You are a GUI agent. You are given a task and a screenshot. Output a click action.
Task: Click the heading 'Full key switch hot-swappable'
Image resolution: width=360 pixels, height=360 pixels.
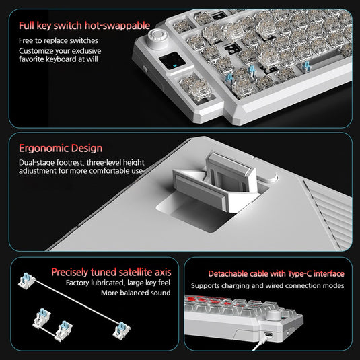click(84, 26)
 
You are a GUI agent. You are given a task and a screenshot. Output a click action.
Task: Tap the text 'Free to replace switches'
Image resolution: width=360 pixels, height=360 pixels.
click(58, 41)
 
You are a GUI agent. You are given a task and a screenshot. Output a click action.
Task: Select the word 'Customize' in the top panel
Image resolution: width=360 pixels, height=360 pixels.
click(38, 51)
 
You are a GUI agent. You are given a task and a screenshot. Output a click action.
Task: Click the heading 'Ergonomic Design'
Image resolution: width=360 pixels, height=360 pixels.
click(61, 148)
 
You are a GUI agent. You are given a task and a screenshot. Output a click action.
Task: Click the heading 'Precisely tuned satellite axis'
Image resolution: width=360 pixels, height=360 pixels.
click(110, 272)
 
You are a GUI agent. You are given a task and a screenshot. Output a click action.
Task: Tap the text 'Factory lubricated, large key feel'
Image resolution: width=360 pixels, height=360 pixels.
click(117, 283)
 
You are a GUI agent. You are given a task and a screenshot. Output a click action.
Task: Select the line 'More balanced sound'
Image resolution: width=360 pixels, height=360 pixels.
click(135, 293)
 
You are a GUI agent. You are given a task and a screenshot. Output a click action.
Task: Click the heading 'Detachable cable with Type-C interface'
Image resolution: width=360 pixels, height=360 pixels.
click(276, 274)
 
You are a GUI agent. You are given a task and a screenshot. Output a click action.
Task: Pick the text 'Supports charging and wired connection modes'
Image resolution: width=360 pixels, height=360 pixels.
click(266, 286)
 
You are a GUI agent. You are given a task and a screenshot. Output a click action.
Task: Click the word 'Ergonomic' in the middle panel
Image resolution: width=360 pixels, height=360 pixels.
click(42, 148)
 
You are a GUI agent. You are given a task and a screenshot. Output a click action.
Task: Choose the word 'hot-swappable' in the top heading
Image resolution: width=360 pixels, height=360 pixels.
click(119, 26)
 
